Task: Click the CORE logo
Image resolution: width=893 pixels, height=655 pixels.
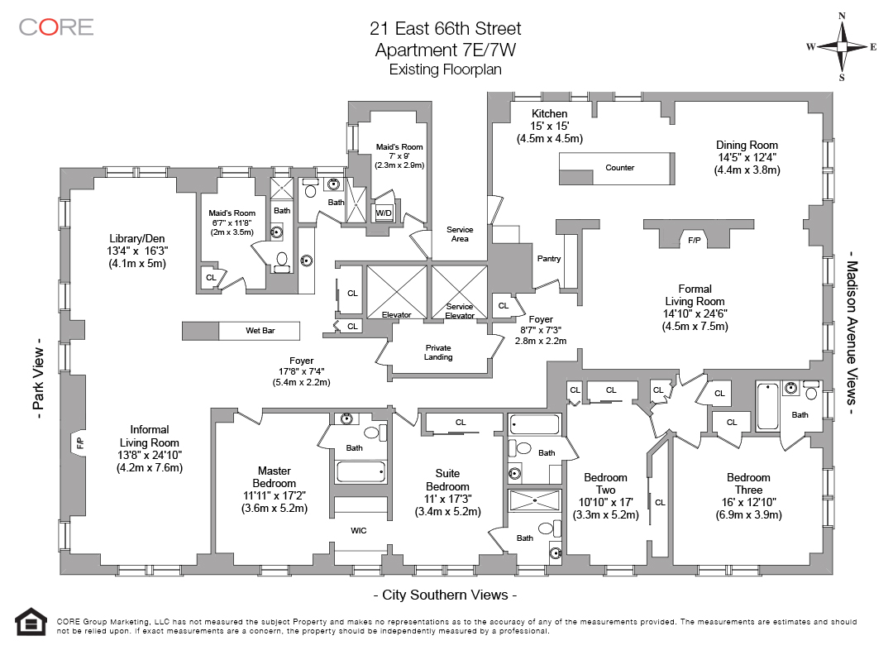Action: click(56, 26)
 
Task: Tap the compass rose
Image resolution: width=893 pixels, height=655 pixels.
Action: click(841, 46)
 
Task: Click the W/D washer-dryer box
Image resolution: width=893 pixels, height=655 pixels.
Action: click(384, 213)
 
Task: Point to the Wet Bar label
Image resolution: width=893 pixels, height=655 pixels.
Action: click(260, 330)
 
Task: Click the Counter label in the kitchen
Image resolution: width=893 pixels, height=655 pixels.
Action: click(619, 167)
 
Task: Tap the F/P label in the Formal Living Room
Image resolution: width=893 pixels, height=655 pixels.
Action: click(695, 241)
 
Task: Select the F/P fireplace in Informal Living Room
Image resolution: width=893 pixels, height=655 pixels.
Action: click(79, 442)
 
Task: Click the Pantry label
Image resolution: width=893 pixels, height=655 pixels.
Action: click(549, 259)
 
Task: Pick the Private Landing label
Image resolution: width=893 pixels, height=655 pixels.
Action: click(438, 352)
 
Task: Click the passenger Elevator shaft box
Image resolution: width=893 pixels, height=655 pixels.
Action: click(396, 292)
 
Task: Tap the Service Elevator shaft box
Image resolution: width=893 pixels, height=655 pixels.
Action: click(459, 292)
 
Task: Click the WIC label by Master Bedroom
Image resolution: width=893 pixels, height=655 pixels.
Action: click(359, 530)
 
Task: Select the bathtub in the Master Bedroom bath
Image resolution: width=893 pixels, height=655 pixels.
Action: click(361, 472)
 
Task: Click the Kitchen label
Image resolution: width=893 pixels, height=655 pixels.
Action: click(550, 113)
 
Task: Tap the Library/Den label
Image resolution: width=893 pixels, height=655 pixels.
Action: click(137, 239)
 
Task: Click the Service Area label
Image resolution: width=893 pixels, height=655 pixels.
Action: click(460, 234)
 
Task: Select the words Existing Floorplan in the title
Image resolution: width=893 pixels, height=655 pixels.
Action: click(446, 69)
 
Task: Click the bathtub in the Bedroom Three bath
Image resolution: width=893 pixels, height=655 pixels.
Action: click(767, 407)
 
